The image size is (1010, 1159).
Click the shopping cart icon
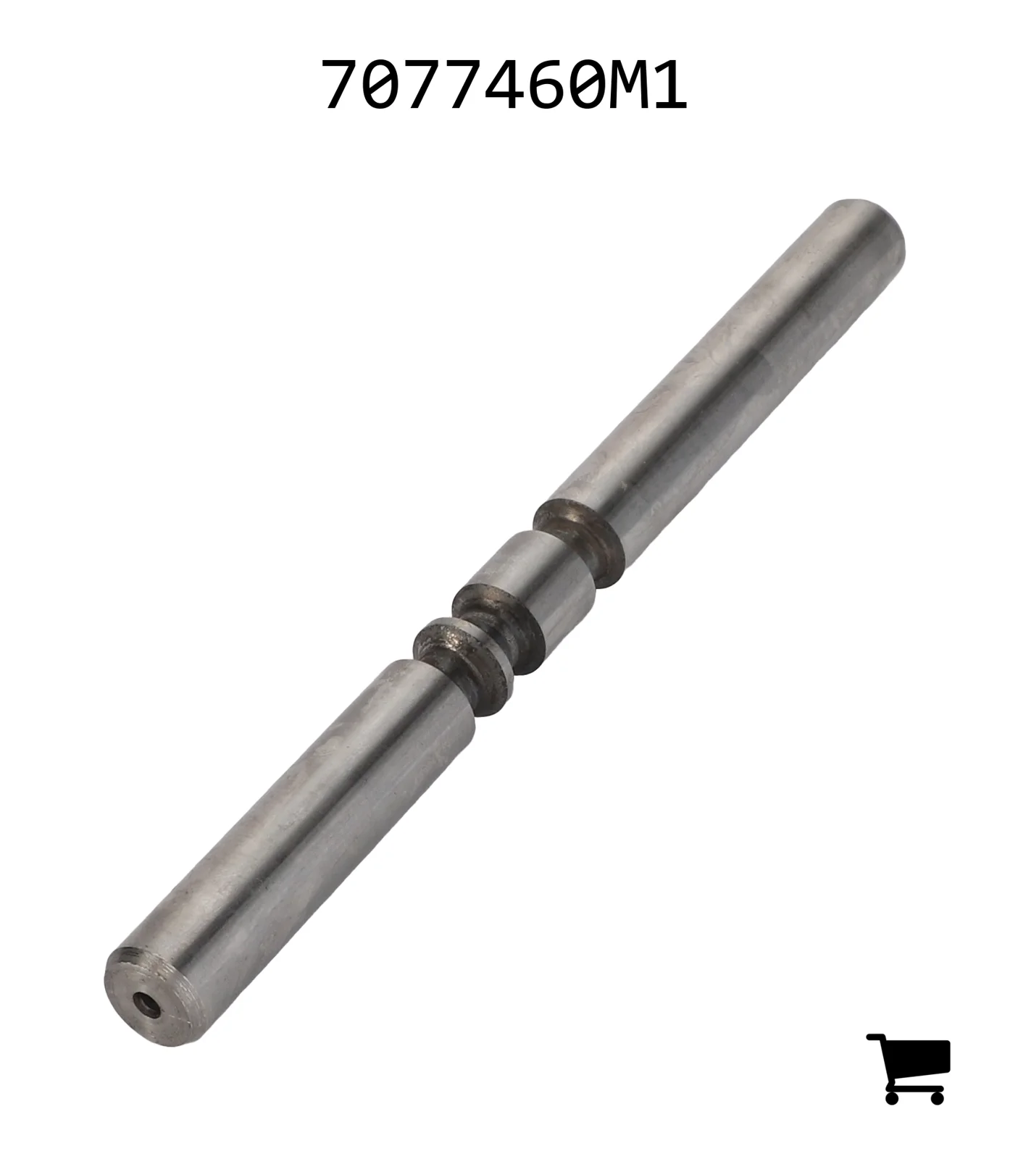click(x=909, y=1068)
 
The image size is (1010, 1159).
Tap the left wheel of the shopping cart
click(x=893, y=1097)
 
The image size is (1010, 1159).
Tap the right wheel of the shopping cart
click(x=936, y=1097)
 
